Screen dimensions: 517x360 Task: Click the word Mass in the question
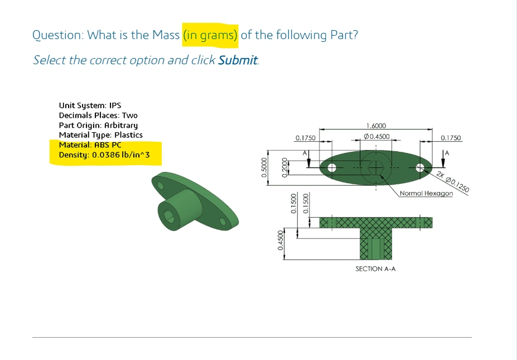166,35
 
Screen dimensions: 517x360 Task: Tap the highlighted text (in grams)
210,35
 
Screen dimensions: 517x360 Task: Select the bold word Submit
238,60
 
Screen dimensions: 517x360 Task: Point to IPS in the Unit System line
115,105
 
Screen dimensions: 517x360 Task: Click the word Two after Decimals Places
129,115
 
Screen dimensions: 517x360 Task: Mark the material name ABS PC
108,145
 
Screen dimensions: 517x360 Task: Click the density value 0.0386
106,155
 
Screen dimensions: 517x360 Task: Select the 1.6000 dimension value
376,126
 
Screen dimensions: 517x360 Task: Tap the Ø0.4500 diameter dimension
376,136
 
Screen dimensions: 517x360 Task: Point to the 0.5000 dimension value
264,167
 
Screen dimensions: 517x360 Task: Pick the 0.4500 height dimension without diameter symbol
281,240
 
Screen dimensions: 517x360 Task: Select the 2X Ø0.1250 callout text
452,182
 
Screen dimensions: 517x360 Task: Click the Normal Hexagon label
426,193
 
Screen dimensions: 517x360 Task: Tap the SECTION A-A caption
375,269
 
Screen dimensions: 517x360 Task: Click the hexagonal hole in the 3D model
169,217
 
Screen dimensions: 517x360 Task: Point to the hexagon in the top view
375,168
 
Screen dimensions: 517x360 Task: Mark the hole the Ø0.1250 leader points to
420,168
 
